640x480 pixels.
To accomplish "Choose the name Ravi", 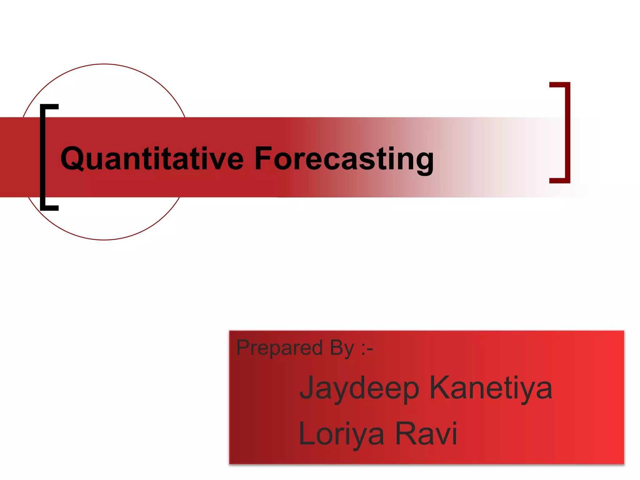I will [426, 434].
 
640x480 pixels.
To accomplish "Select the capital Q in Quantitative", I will [72, 158].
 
